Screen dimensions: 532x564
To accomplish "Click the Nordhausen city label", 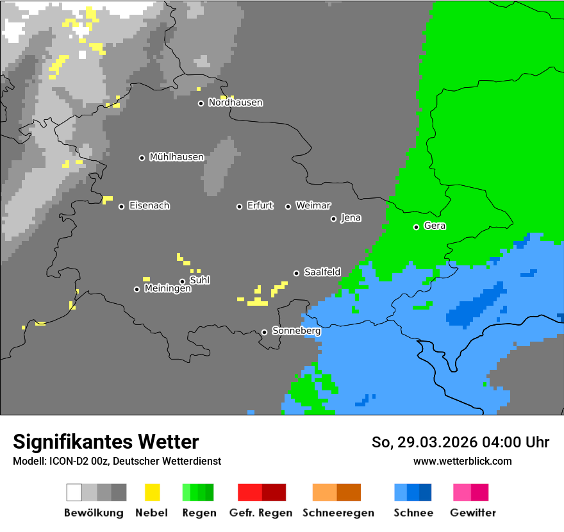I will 235,103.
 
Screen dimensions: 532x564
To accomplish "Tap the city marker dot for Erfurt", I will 239,206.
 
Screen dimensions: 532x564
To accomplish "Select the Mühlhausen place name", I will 176,157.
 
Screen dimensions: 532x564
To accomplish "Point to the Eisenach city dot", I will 121,206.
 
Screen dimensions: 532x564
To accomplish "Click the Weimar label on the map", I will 313,206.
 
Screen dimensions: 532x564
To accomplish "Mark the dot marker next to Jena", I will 333,219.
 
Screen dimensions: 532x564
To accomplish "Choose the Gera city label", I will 435,226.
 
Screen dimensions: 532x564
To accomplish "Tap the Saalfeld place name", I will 322,272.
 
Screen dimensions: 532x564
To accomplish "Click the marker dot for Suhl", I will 182,281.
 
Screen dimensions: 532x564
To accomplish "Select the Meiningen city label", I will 167,289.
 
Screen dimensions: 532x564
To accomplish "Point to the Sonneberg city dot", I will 264,332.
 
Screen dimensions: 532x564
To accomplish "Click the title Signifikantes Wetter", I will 106,442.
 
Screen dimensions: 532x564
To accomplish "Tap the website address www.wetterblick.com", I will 462,461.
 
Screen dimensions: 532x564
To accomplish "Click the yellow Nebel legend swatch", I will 152,492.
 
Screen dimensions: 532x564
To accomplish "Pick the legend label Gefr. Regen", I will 261,513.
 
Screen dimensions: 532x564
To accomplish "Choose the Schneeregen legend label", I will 338,513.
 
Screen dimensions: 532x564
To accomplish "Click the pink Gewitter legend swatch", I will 462,492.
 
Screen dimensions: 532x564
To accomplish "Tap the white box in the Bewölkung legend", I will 74,492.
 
